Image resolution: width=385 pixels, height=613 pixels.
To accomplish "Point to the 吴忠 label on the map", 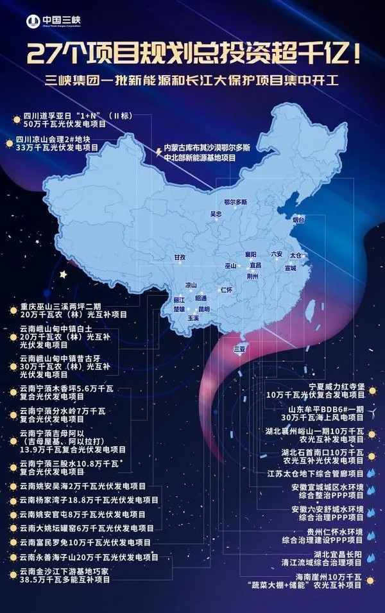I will click(215, 213).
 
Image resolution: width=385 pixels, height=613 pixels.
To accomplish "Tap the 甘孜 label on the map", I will click(180, 257).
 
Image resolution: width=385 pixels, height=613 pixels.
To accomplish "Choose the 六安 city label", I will click(277, 254).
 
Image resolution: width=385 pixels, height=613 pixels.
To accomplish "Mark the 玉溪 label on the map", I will click(193, 318).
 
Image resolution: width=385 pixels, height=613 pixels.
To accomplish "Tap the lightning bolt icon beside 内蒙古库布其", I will click(158, 151).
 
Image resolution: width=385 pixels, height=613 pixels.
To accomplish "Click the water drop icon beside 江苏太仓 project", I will click(371, 474).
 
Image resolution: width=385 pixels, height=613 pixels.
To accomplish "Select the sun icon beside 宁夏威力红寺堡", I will click(372, 388).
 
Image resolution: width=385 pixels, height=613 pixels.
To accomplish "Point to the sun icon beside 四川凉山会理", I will click(9, 142).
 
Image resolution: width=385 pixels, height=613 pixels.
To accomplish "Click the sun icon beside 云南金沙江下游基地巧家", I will click(13, 574).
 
